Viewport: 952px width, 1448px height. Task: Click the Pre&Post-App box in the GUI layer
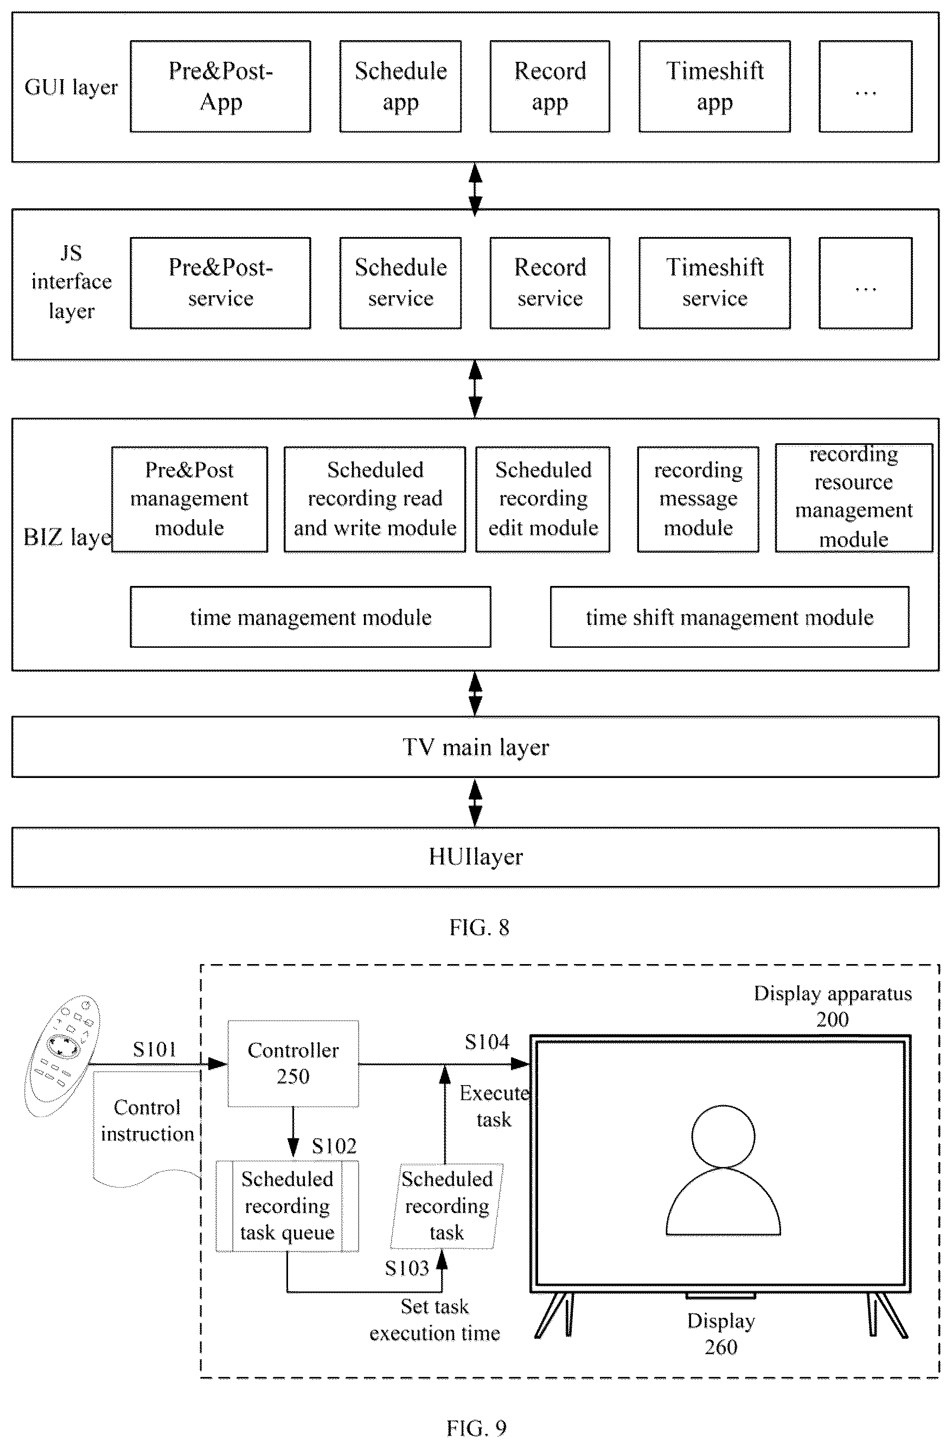pos(220,86)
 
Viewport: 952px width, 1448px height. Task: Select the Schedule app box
pos(400,86)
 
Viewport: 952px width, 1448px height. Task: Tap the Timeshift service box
pos(714,283)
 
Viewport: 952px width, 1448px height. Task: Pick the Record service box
pos(550,283)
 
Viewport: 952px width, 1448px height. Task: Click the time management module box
pos(310,617)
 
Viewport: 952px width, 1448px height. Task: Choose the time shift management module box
pos(730,617)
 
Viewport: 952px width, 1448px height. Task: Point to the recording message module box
pos(698,500)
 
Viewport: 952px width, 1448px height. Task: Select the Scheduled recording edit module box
pos(542,500)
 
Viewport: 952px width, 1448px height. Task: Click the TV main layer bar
pos(476,747)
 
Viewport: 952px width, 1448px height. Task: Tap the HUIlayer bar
pos(476,857)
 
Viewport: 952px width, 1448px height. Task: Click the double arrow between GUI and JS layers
pos(476,189)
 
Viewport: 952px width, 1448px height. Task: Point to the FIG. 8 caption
pos(480,927)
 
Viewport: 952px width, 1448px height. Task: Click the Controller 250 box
pos(293,1063)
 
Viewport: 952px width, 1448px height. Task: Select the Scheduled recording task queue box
pos(287,1206)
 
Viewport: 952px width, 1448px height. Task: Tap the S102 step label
pos(334,1146)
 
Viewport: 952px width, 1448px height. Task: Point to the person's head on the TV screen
pos(723,1137)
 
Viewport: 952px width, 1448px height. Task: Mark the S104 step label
pos(487,1042)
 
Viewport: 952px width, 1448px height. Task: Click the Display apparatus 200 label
pos(833,1006)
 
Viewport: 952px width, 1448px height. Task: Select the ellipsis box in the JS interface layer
pos(865,283)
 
